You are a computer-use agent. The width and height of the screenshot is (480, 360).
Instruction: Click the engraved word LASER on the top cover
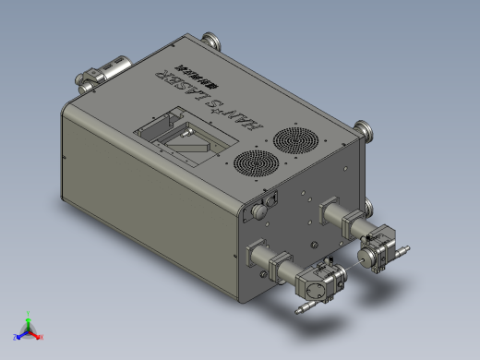[185, 89]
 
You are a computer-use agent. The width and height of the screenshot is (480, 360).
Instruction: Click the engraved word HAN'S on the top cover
[243, 115]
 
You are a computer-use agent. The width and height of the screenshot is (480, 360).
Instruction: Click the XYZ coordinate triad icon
[29, 330]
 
